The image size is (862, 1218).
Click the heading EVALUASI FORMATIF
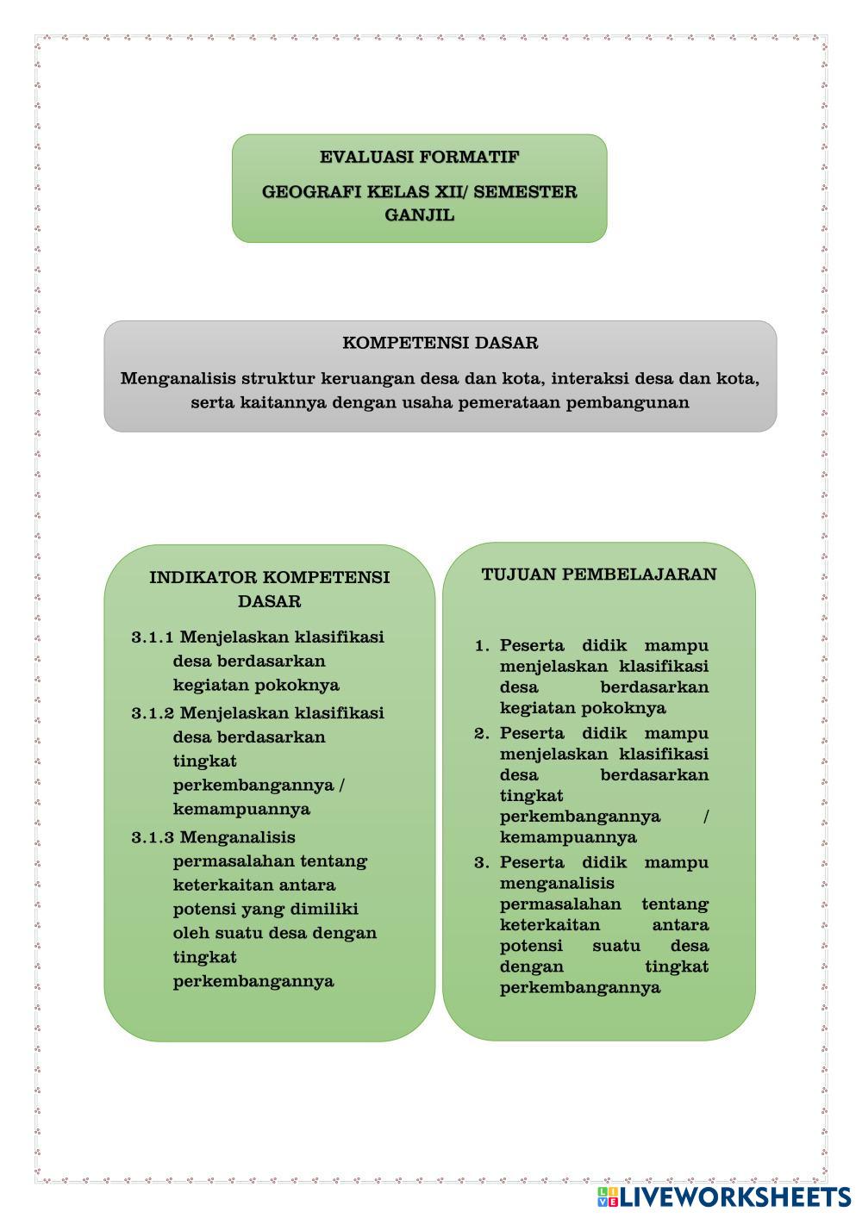click(419, 158)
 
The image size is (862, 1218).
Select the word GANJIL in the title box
click(419, 215)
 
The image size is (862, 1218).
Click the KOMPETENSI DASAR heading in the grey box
click(440, 343)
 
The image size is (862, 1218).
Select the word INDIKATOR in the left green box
click(203, 577)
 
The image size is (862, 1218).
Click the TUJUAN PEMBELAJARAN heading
click(599, 575)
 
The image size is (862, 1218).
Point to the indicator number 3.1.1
click(153, 637)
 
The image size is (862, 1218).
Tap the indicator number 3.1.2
click(153, 713)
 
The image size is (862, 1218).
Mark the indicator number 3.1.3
click(153, 837)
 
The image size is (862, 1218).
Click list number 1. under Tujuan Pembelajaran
click(483, 646)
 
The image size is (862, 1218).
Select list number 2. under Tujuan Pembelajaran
click(482, 734)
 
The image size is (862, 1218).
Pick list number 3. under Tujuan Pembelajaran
click(482, 863)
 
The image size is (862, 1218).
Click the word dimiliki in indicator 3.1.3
click(324, 910)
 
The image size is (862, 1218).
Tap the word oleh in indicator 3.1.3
click(191, 933)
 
